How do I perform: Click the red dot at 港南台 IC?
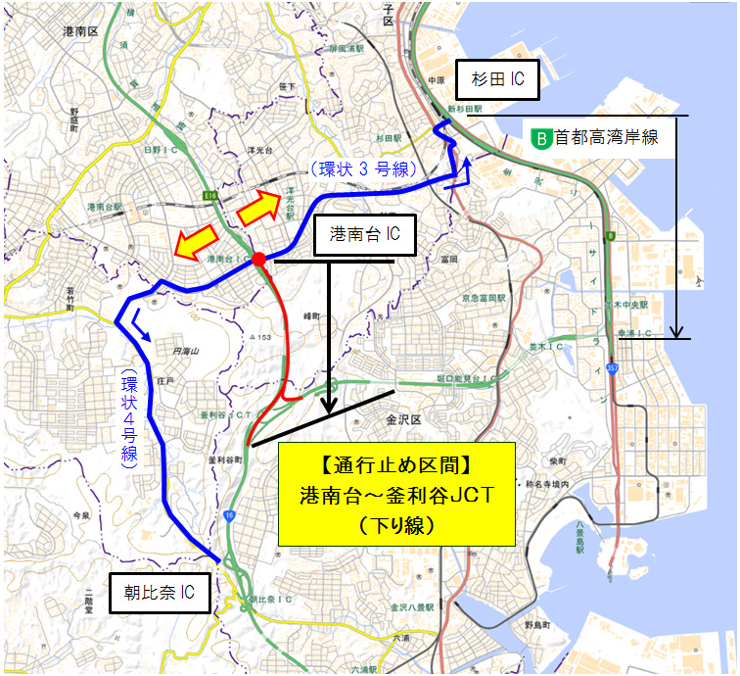click(x=258, y=259)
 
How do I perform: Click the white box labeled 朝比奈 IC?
click(x=159, y=592)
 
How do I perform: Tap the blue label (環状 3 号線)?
click(x=353, y=169)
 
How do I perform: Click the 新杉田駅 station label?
click(x=466, y=108)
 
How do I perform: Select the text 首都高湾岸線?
click(x=606, y=139)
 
